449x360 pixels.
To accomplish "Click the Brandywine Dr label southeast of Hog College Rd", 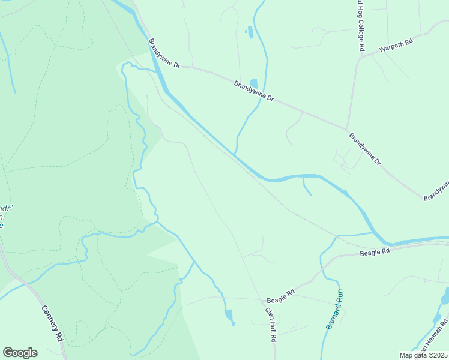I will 365,149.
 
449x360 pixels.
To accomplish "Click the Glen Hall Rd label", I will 270,325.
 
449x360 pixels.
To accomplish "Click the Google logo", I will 20,353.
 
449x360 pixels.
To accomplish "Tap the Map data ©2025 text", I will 423,355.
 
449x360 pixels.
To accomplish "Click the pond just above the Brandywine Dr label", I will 253,83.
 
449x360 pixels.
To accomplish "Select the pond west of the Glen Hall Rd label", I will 228,314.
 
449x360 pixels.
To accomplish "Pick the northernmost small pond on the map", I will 250,32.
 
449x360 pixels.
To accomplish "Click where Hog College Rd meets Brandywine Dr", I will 347,128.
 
